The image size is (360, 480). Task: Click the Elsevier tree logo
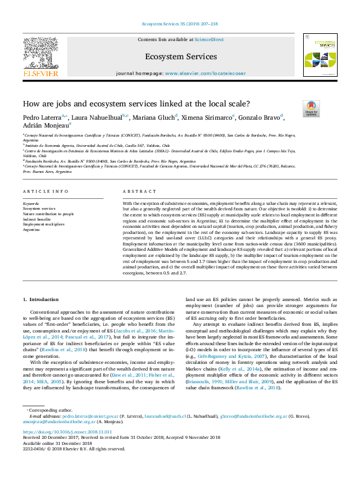click(x=41, y=54)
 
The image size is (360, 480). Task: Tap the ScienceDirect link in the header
click(x=209, y=39)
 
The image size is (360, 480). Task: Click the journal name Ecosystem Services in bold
click(x=180, y=57)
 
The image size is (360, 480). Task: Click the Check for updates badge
click(x=311, y=109)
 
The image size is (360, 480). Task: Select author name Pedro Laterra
click(x=41, y=117)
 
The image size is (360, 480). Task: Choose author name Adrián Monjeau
click(x=45, y=125)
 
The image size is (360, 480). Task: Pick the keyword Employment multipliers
click(x=44, y=224)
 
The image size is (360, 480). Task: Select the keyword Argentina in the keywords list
click(x=31, y=230)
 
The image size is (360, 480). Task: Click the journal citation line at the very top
click(x=180, y=24)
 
